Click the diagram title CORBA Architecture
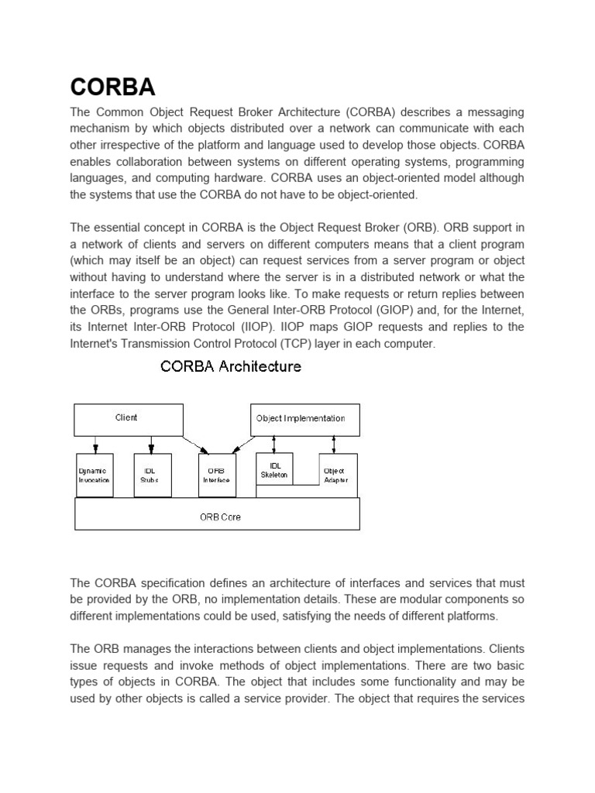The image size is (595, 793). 230,366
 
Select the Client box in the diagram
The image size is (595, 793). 128,418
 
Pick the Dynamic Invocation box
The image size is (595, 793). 94,475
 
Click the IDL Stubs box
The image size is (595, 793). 150,475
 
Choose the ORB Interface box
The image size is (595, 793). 217,475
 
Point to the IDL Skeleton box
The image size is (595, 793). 274,469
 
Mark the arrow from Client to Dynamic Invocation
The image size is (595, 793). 95,444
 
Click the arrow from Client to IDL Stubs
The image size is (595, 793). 151,444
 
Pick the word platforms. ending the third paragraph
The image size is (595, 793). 473,616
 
